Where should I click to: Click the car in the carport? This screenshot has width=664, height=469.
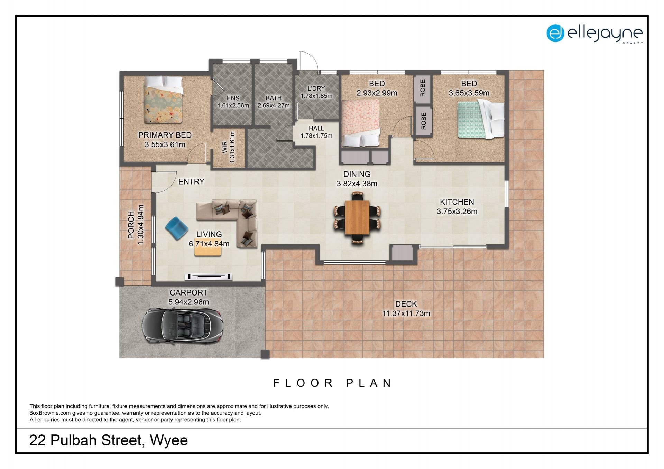tap(182, 326)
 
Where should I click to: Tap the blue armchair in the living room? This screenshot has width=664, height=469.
tap(177, 228)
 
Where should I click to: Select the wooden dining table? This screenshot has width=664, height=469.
tap(357, 218)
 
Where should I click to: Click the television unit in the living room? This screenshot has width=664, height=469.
tap(209, 276)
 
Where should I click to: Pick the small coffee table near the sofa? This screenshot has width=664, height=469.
tap(208, 247)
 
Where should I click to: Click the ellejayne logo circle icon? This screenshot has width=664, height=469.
tap(555, 33)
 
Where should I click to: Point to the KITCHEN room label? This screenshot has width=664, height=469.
tap(457, 202)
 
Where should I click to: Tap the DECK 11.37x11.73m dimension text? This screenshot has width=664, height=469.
tap(406, 313)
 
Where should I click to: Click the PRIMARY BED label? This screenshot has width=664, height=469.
tap(165, 135)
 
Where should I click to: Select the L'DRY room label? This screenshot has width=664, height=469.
tap(316, 88)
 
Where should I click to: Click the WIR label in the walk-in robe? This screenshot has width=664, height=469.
tap(225, 147)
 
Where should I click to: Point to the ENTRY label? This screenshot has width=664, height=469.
tap(191, 181)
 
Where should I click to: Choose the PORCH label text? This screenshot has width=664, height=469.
tap(131, 225)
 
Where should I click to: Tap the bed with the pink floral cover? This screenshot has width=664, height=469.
tap(361, 123)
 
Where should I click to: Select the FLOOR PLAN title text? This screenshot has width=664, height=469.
tap(332, 383)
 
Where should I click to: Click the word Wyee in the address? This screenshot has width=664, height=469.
tap(169, 441)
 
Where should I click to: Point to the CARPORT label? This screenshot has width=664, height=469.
tap(188, 293)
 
